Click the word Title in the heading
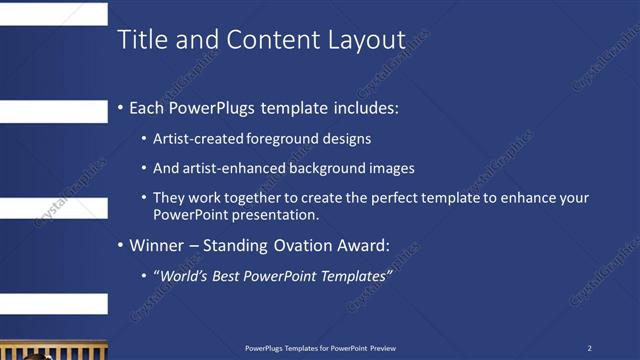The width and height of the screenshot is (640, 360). click(140, 41)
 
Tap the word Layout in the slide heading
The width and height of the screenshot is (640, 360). click(366, 41)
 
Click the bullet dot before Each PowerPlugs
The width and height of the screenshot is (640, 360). click(121, 106)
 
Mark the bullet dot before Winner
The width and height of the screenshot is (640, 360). click(121, 245)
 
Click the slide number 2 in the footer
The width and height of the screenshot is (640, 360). click(589, 348)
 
